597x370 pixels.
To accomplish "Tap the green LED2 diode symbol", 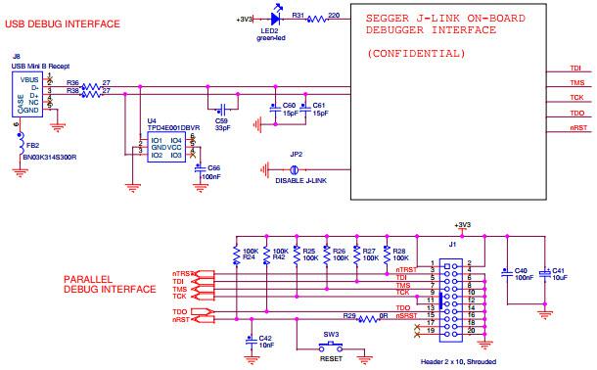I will tap(276, 18).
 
